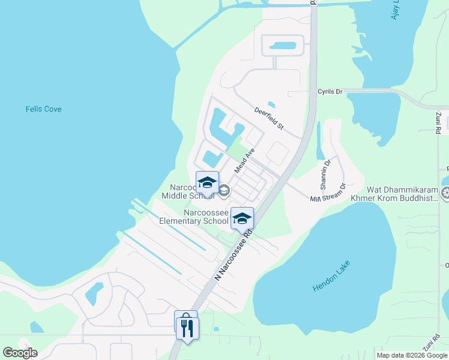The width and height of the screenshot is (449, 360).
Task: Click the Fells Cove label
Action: tap(43, 109)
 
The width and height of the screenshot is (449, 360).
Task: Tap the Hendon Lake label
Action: tap(331, 276)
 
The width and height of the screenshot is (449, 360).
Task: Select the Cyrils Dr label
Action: tap(330, 92)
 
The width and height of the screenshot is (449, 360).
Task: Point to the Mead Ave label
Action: tap(245, 161)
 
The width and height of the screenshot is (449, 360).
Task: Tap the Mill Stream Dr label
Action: tap(328, 193)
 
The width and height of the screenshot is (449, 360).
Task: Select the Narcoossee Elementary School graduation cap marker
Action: tap(242, 219)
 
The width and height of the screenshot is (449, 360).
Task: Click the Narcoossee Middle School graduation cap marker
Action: tap(207, 183)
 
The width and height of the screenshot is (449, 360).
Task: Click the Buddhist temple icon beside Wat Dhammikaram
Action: tap(445, 193)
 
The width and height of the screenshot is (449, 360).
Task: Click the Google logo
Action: tap(20, 353)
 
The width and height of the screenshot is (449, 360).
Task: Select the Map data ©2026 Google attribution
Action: tap(412, 355)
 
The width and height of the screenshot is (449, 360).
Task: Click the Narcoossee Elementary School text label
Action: tap(193, 217)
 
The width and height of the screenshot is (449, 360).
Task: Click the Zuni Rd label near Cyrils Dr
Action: tap(439, 122)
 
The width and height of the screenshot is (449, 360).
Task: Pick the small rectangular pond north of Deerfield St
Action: tap(282, 46)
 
